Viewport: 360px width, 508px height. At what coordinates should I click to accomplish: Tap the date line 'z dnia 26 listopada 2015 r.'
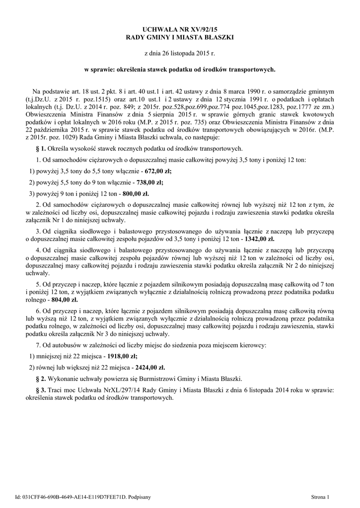pyautogui.click(x=180, y=53)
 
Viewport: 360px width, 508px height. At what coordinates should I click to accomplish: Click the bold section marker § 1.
pyautogui.click(x=41, y=148)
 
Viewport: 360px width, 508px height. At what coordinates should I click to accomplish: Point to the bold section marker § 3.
pyautogui.click(x=41, y=390)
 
